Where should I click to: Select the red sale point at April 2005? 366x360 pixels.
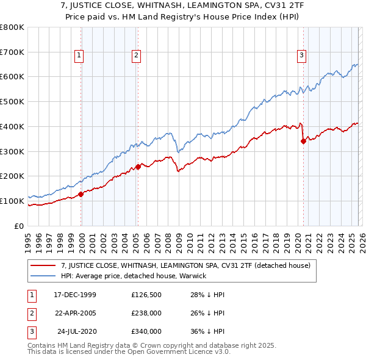[138, 166]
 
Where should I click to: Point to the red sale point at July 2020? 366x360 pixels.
[303, 141]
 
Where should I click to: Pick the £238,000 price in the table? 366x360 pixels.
[146, 313]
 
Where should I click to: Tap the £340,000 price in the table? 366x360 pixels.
[146, 331]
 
